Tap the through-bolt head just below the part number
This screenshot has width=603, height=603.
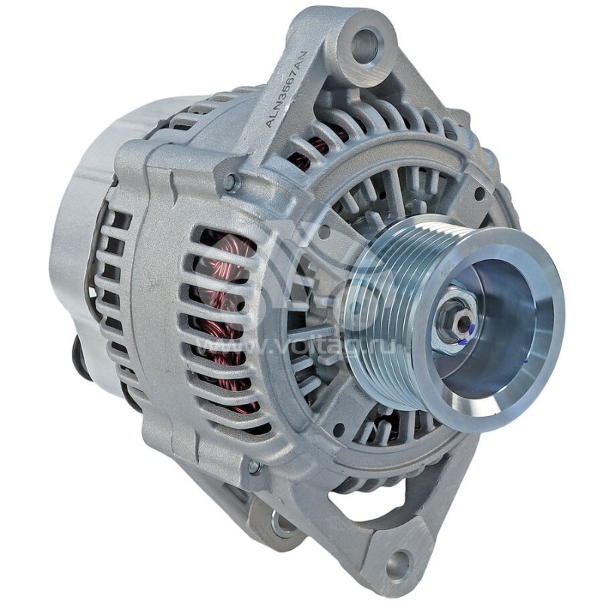pos(232,182)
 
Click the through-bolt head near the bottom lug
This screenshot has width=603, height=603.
pos(254,467)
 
